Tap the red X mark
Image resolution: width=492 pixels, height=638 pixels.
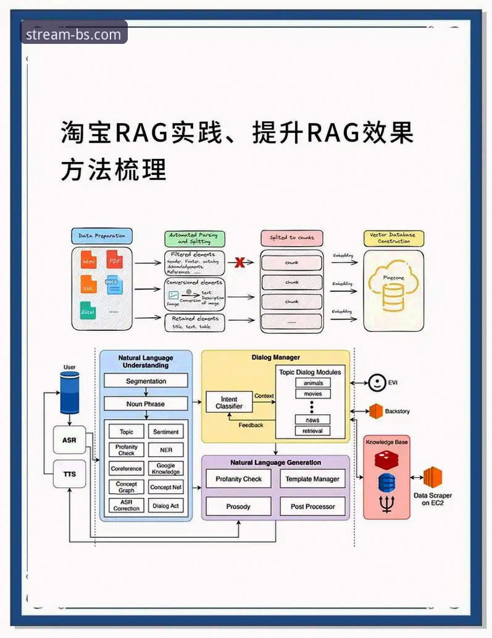(x=240, y=262)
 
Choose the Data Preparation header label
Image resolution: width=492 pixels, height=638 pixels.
(x=102, y=236)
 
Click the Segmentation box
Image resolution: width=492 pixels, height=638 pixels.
(x=146, y=381)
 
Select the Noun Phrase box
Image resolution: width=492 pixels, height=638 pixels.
(x=146, y=404)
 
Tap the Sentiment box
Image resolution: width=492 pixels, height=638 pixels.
(x=165, y=432)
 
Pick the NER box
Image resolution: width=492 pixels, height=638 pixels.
(x=165, y=450)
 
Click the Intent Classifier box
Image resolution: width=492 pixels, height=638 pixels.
(x=229, y=402)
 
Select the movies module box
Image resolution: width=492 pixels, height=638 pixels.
(x=312, y=394)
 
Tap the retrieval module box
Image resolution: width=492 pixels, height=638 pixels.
(x=312, y=431)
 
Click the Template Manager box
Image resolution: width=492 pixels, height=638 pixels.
(x=312, y=478)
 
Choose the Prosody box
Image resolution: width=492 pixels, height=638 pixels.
(x=238, y=506)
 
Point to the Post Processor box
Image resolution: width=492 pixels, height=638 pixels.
(x=312, y=506)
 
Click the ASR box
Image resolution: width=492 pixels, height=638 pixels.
(x=69, y=440)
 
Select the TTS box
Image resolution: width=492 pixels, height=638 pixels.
(x=69, y=474)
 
